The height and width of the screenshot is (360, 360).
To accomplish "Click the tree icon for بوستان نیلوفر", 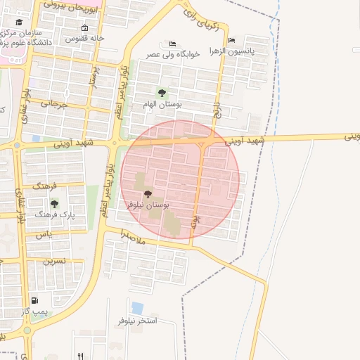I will [147, 194].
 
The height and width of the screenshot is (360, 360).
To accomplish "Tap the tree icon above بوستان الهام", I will [162, 93].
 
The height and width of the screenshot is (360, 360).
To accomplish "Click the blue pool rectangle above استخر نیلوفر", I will [137, 308].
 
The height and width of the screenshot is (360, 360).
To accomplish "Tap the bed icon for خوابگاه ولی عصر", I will [173, 44].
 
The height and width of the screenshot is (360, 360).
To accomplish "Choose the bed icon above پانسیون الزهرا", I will [232, 39].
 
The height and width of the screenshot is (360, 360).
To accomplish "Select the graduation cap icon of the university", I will [18, 22].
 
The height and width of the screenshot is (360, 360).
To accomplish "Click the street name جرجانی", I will [53, 104].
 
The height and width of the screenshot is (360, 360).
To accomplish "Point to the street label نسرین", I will [53, 261].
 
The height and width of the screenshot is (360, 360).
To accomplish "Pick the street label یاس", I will [44, 234].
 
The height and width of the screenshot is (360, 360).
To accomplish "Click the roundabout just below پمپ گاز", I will [27, 329].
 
